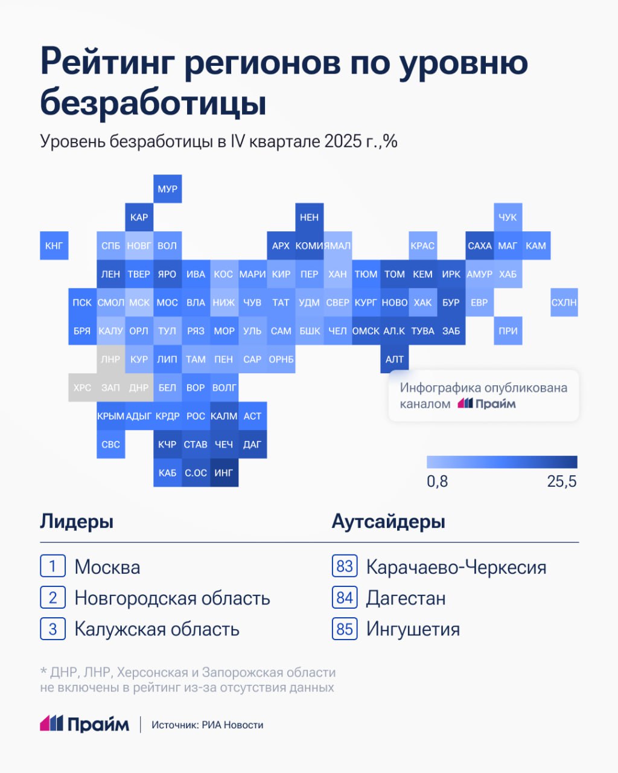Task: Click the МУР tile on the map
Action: [x=167, y=189]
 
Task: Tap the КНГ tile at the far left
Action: [x=54, y=246]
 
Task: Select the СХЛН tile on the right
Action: [x=564, y=303]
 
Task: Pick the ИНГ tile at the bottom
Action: [x=224, y=473]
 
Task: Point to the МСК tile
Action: [x=139, y=303]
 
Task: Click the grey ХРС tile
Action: [x=82, y=388]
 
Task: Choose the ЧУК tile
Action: [x=508, y=217]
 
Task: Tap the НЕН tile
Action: [x=309, y=217]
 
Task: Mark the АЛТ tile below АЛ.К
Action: [x=395, y=359]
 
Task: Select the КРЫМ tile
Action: [x=110, y=416]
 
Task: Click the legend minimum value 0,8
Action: [x=438, y=481]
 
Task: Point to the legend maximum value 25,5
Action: [x=562, y=481]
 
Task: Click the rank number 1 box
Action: [x=53, y=566]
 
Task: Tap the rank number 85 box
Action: [x=345, y=629]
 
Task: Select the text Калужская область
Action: [x=157, y=629]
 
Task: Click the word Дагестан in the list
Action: [x=406, y=598]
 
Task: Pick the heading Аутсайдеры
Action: [x=388, y=522]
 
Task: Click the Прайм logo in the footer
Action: [x=84, y=724]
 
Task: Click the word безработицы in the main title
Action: [x=153, y=103]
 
